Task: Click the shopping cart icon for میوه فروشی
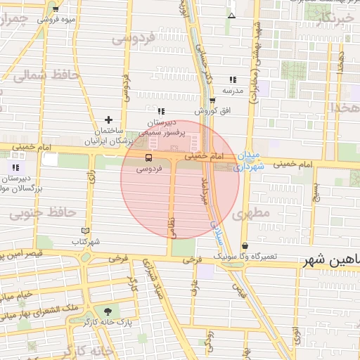click(56, 9)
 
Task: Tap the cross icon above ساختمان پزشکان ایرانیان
click(108, 120)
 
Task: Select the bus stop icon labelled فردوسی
click(148, 158)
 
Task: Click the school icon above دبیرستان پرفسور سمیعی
click(161, 111)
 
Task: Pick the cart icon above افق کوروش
click(212, 101)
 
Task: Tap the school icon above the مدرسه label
click(233, 79)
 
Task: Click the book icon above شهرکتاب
click(86, 231)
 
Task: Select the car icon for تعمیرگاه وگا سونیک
click(244, 245)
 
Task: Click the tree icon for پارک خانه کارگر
click(107, 311)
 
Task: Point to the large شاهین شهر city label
click(330, 261)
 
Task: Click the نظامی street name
click(171, 225)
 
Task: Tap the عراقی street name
click(195, 285)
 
